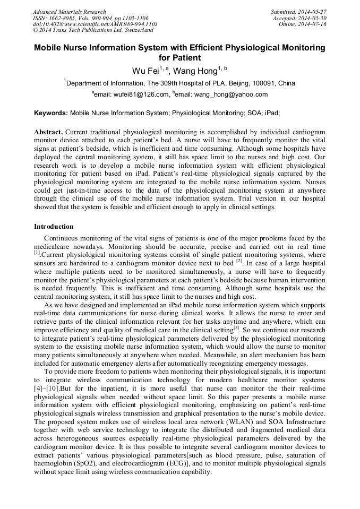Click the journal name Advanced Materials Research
point(70,12)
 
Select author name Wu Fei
point(144,71)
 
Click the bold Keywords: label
point(51,113)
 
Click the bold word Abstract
point(49,131)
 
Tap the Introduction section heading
point(54,227)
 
